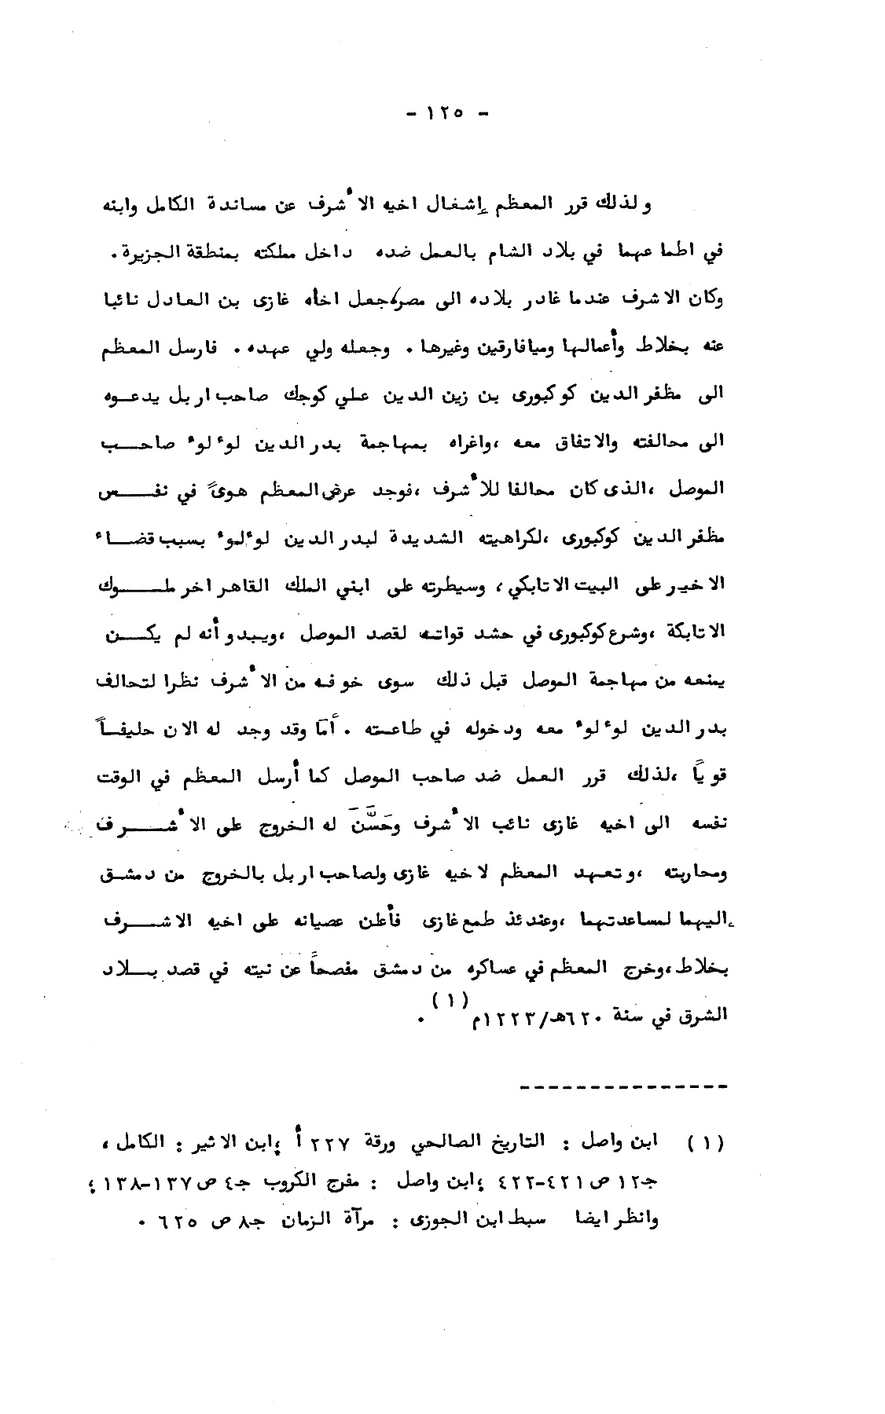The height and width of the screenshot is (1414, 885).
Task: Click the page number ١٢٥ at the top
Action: [x=443, y=113]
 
